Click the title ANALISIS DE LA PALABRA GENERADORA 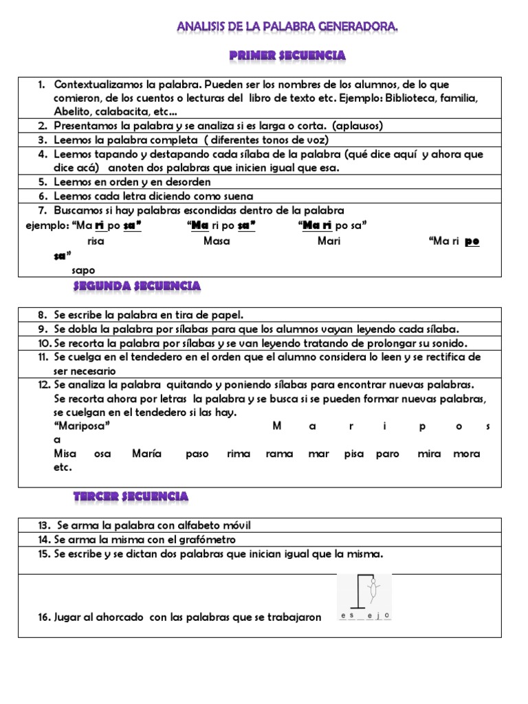287,27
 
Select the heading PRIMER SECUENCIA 287,55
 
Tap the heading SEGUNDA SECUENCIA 137,285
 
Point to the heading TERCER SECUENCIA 131,496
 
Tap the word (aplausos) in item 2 357,126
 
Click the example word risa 96,241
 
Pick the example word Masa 217,241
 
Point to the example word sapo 83,270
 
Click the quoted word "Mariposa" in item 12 82,426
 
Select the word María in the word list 146,454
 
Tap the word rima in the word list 239,454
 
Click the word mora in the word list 466,454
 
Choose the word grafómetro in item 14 203,540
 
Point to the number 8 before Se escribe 42,315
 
